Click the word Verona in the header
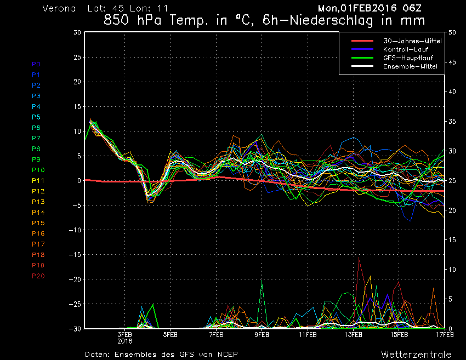pyautogui.click(x=59, y=9)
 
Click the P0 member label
pyautogui.click(x=36, y=64)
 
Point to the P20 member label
pyautogui.click(x=38, y=276)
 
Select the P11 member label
pyautogui.click(x=38, y=180)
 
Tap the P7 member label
pyautogui.click(x=36, y=138)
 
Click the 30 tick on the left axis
pyautogui.click(x=77, y=32)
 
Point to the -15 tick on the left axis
pyautogui.click(x=75, y=255)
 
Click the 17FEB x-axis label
pyautogui.click(x=445, y=334)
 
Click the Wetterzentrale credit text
pyautogui.click(x=417, y=354)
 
